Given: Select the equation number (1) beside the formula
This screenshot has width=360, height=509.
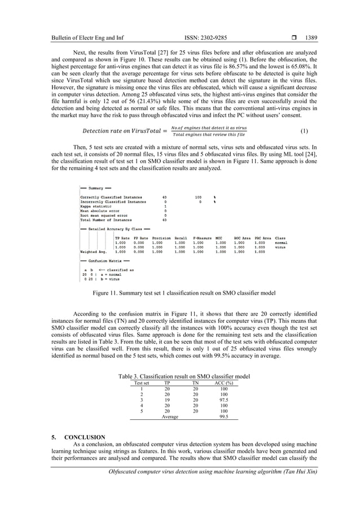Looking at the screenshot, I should coord(304,131).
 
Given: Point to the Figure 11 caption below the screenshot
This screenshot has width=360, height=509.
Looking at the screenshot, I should coord(181,293).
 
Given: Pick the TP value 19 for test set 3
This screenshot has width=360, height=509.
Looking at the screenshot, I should coord(166,400).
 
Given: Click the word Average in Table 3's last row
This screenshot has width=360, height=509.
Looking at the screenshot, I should coord(170,417).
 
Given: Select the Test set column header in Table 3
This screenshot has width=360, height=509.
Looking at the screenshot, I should coord(142,383).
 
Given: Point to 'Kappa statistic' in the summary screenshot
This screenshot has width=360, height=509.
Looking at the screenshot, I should coord(97,206).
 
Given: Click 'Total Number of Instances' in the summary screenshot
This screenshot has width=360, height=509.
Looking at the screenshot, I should coord(107,220).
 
